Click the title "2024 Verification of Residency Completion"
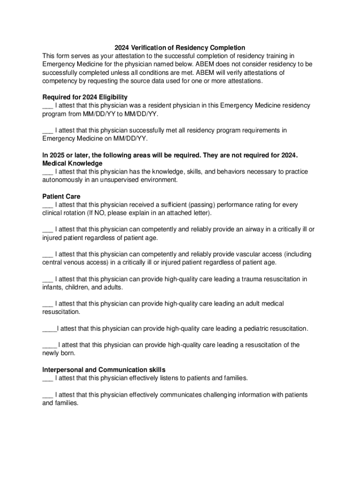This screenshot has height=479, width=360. [180, 48]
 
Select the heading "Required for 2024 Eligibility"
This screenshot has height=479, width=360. [85, 97]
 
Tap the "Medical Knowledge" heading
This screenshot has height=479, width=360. [72, 163]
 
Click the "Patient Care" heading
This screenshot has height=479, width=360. [61, 196]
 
